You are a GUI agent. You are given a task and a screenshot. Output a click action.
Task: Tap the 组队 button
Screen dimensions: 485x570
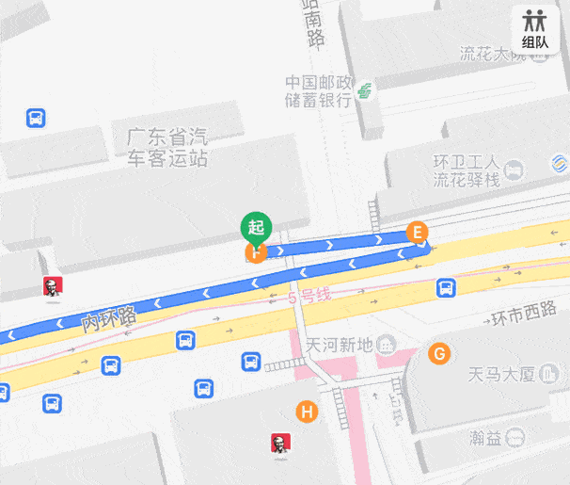pyautogui.click(x=535, y=28)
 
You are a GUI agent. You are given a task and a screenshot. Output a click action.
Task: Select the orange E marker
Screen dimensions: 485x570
pyautogui.click(x=417, y=233)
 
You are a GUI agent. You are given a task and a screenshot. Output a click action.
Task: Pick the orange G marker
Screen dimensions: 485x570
pyautogui.click(x=438, y=354)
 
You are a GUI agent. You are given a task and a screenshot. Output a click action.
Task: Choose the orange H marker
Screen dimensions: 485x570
pyautogui.click(x=306, y=412)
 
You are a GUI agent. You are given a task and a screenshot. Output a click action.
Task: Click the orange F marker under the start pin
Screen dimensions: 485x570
pyautogui.click(x=255, y=252)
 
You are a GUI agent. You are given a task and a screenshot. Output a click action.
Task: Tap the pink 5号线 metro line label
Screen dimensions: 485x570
pyautogui.click(x=309, y=297)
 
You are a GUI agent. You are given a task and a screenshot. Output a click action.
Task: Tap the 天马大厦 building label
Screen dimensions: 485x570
pyautogui.click(x=500, y=374)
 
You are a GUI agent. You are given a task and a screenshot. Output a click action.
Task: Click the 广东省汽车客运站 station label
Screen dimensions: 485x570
pyautogui.click(x=167, y=147)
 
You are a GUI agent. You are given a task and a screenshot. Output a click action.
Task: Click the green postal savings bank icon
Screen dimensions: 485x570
pyautogui.click(x=364, y=92)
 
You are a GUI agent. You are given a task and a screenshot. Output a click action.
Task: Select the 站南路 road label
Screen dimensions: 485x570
pyautogui.click(x=313, y=24)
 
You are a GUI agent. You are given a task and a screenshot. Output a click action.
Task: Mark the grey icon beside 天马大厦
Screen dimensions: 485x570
pyautogui.click(x=549, y=374)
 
